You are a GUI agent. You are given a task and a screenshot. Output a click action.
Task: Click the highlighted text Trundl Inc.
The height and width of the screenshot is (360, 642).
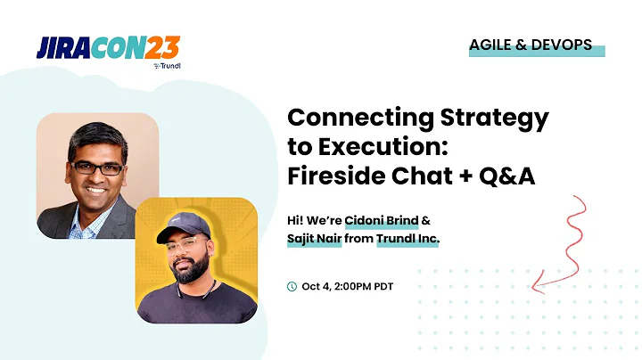(x=407, y=241)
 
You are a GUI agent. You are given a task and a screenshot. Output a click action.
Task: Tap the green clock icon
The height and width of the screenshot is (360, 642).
(x=292, y=286)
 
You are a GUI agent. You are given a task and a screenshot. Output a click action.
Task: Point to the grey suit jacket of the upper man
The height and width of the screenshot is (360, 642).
(x=62, y=223)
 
